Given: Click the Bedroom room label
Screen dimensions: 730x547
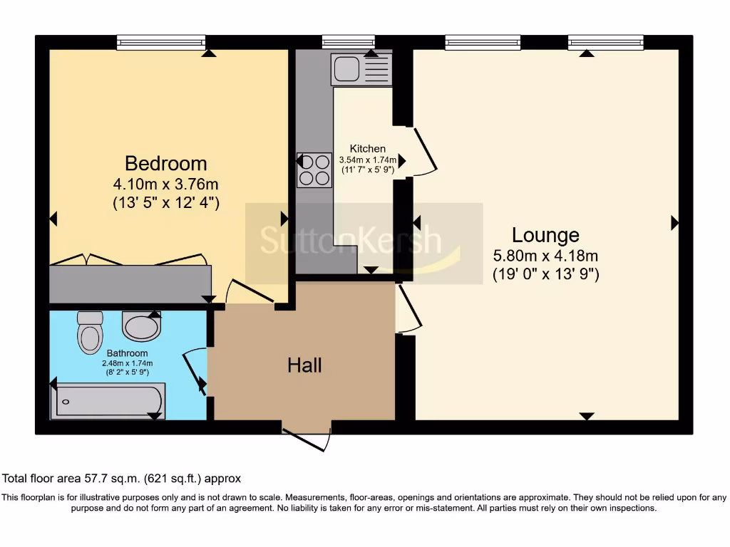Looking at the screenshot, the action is (x=165, y=164).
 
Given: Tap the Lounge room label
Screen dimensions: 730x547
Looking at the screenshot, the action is (x=545, y=235).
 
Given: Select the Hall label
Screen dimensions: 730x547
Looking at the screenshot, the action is (x=304, y=365).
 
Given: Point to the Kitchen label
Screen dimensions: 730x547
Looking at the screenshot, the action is (x=368, y=148).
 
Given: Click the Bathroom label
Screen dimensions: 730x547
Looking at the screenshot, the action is (x=127, y=353).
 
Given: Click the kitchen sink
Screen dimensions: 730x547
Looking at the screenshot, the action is (x=361, y=69).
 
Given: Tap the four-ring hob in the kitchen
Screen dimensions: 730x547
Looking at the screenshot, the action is (x=314, y=170).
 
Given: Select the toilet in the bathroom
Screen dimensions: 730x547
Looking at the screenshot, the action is (x=90, y=333).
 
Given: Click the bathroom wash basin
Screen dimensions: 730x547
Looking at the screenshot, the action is (x=142, y=325).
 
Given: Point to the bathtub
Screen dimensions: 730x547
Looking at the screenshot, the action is (x=108, y=401).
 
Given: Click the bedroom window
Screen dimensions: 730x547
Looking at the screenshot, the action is (x=160, y=43).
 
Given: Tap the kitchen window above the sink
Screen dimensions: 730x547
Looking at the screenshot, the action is (x=348, y=42).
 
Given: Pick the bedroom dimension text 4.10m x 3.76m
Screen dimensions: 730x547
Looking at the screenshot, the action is (x=165, y=184).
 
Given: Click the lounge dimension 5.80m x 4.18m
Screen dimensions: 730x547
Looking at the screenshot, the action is (x=545, y=256).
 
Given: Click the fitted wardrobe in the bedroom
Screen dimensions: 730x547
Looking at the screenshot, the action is (x=130, y=283).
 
